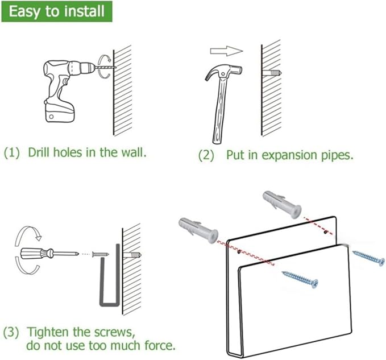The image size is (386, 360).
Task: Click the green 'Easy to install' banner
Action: (57, 11)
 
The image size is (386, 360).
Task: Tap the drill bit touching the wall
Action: (105, 67)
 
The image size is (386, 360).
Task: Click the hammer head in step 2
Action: (223, 72)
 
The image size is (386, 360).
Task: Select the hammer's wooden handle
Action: (219, 111)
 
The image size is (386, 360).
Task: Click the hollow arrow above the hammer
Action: (226, 51)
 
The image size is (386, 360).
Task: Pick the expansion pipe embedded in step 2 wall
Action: (272, 73)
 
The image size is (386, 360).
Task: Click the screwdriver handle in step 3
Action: (37, 254)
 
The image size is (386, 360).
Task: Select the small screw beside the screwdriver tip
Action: (100, 254)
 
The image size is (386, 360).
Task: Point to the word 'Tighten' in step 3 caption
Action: (48, 333)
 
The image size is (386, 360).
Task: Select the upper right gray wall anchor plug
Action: (283, 204)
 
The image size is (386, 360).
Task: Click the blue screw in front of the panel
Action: (300, 279)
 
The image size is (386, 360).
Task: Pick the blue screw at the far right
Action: (368, 258)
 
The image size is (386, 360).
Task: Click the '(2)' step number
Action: (206, 156)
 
